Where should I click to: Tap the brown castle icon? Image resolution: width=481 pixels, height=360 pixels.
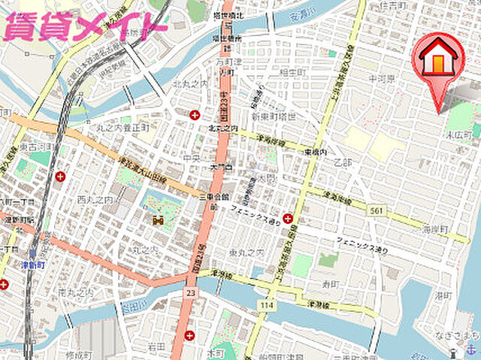pos(157,219)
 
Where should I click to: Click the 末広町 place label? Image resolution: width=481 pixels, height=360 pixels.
pos(458,136)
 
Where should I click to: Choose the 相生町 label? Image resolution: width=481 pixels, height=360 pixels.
pos(290,72)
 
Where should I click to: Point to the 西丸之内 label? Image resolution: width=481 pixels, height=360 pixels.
pos(95,200)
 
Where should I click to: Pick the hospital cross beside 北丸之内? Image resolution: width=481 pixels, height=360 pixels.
pos(195,115)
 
